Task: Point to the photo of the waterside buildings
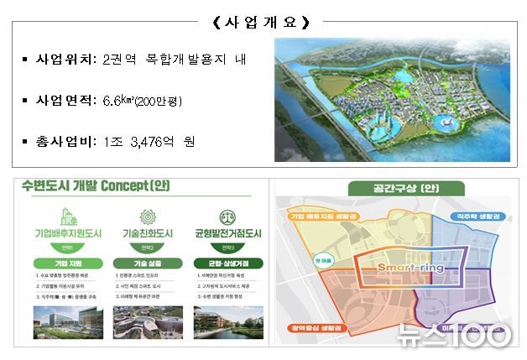(x=223, y=324)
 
